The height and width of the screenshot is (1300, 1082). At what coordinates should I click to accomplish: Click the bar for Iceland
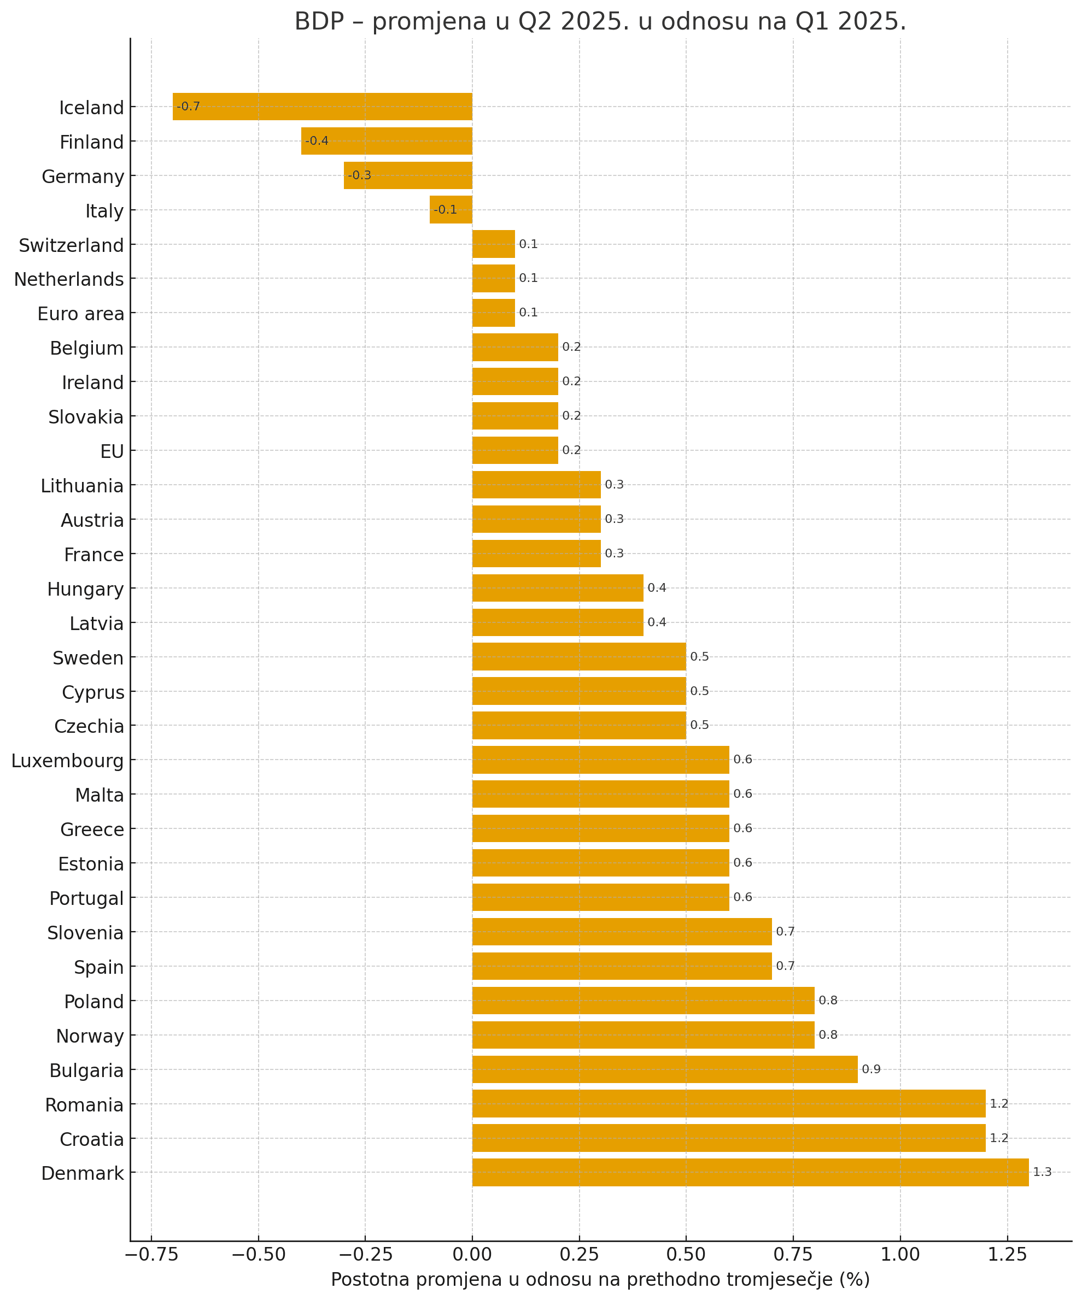(322, 107)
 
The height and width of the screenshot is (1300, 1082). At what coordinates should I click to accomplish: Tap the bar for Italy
(451, 210)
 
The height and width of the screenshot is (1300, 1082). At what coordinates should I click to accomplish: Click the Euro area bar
(493, 313)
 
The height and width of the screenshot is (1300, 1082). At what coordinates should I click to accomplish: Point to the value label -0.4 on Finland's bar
(317, 141)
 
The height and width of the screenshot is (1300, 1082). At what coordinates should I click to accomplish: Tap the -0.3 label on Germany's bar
(360, 176)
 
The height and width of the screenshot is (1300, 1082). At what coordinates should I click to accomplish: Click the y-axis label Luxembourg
(67, 761)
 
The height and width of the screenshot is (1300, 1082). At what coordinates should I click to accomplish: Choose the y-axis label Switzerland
(71, 246)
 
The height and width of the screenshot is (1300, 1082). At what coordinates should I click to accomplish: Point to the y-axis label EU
(112, 452)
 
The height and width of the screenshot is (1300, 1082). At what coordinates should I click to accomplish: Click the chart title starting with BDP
(600, 22)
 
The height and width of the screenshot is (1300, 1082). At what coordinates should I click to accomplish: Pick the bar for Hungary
(558, 587)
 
